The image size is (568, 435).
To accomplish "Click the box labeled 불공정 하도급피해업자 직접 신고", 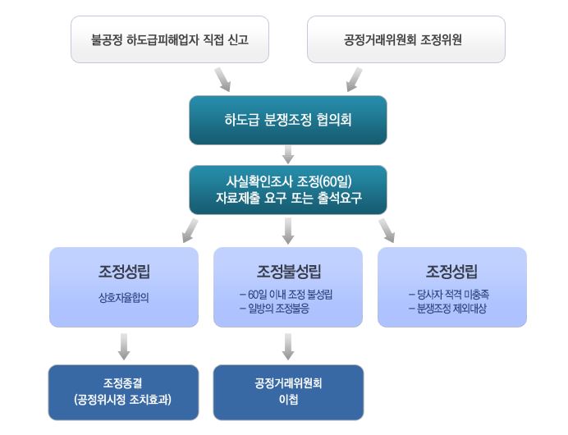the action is tap(170, 39).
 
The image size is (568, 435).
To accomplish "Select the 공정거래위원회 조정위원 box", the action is tap(406, 39).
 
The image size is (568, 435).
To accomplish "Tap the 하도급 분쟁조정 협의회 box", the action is tap(288, 121).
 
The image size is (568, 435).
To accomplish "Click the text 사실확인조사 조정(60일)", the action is tap(289, 181).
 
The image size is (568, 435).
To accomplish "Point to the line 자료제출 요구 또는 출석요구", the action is tap(289, 198).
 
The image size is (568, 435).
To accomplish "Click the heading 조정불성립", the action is tap(289, 272).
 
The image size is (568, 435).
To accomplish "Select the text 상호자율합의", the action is tap(124, 298).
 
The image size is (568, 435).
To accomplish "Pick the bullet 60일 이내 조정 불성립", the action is tap(286, 295).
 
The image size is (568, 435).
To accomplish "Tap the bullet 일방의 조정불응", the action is tap(275, 309).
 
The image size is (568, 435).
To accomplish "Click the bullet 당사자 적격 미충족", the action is tap(449, 295).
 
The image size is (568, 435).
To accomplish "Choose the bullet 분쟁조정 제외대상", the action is tap(447, 309).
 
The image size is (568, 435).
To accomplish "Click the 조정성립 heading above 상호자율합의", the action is tap(124, 272).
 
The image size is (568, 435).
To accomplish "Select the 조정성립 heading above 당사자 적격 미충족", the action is tap(451, 272).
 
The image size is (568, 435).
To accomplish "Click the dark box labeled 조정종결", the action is tap(123, 392).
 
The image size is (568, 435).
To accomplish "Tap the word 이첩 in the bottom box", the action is tap(288, 399).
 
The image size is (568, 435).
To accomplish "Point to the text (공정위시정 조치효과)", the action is tap(123, 400).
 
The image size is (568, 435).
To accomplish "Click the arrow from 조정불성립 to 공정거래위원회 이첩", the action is tap(288, 346).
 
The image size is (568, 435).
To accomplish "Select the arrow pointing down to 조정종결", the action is tap(124, 346).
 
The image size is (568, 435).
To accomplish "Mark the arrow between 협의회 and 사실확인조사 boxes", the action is tap(288, 154).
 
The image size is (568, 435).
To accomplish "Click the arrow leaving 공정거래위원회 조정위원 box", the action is tap(355, 80).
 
